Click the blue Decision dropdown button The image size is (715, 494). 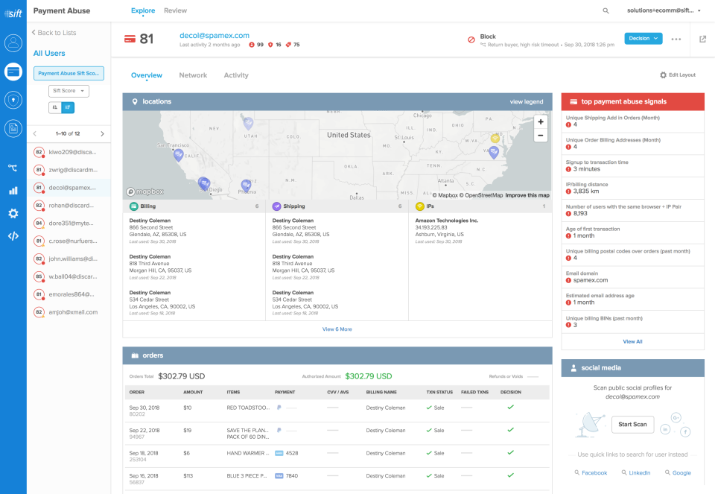point(643,39)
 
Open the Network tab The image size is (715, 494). point(194,75)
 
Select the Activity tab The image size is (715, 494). point(236,75)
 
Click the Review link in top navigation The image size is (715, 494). point(176,10)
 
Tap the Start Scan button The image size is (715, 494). point(632,425)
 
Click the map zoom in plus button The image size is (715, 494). point(541,121)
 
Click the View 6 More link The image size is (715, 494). point(337,329)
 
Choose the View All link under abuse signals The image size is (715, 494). point(632,341)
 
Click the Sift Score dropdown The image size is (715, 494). point(69,91)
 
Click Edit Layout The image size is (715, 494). point(678,75)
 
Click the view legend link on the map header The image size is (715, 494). point(526,101)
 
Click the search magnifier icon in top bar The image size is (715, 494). point(606,11)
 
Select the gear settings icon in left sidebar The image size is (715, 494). point(13,213)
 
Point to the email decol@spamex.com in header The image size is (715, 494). point(214,35)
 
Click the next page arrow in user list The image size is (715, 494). point(102,133)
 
